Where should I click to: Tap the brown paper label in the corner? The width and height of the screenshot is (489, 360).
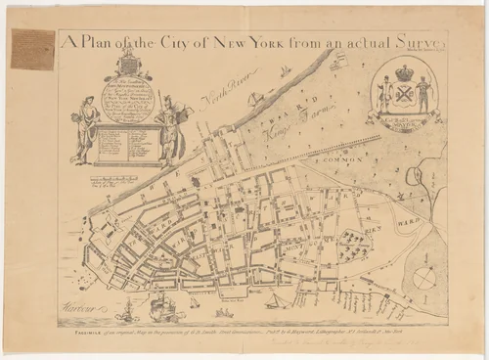click(32, 49)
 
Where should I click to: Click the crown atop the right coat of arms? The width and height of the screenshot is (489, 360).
click(404, 72)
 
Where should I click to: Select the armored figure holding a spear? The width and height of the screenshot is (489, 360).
click(166, 127)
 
